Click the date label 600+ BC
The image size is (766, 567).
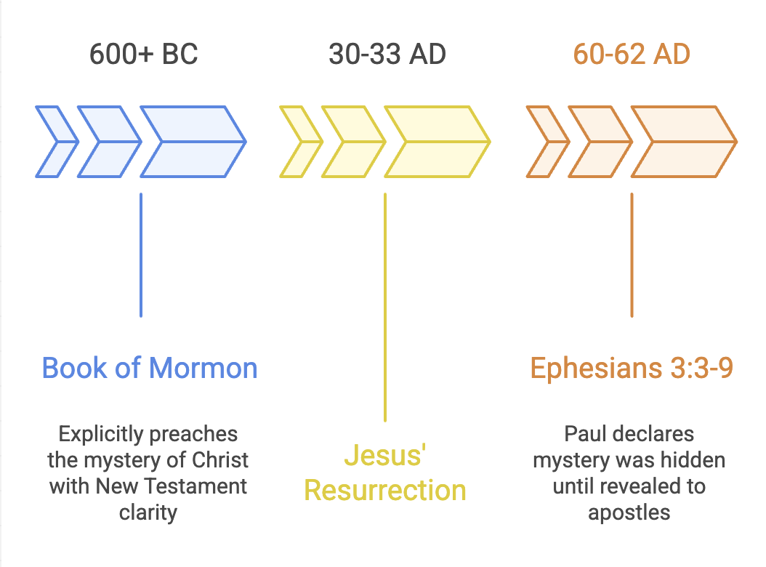tap(143, 55)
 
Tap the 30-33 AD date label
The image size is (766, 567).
tap(387, 55)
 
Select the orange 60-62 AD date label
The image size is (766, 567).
tap(632, 55)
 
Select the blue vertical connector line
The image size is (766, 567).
tap(140, 254)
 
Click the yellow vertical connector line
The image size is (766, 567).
tap(385, 305)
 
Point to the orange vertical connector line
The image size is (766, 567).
tap(632, 254)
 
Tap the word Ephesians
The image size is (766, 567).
tap(589, 368)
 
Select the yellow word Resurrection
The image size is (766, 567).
tap(384, 490)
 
